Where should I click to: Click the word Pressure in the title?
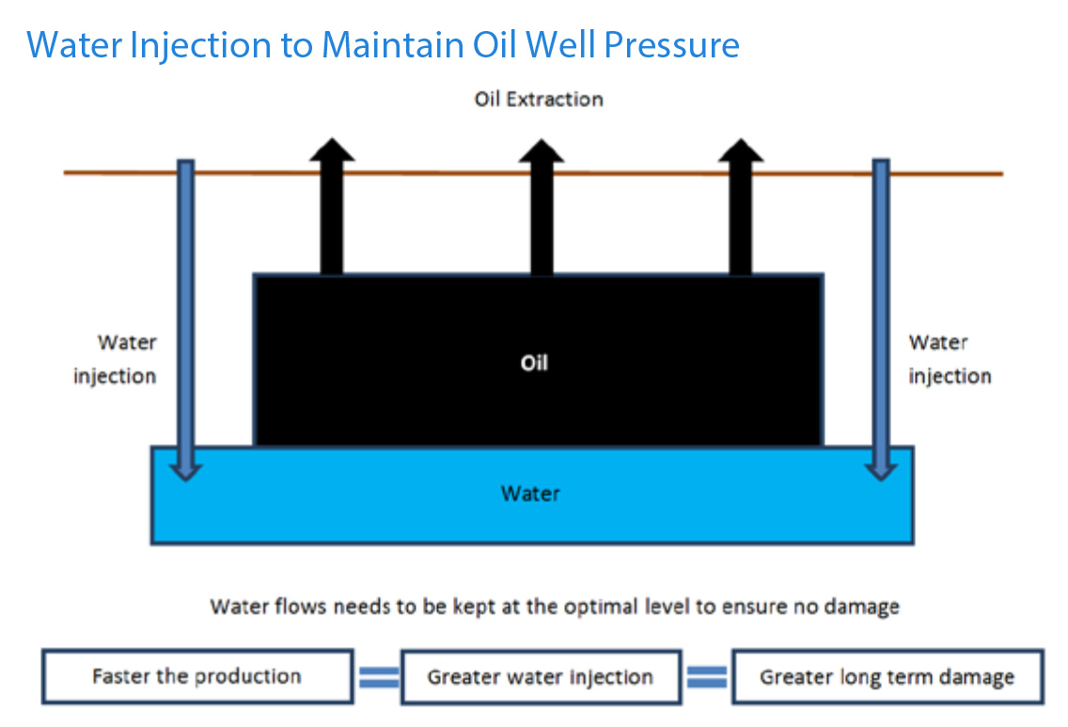(x=671, y=45)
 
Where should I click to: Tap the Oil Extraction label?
(x=539, y=100)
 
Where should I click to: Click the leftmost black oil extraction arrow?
(x=332, y=206)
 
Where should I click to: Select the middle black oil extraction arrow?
(x=542, y=207)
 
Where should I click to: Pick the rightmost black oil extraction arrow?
(x=741, y=207)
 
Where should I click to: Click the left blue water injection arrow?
(x=186, y=320)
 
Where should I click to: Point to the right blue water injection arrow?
(x=881, y=320)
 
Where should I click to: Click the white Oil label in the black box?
(x=534, y=363)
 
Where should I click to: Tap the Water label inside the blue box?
(x=530, y=494)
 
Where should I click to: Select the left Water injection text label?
(x=115, y=359)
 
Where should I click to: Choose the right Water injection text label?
(x=950, y=359)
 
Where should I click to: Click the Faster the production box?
(x=197, y=676)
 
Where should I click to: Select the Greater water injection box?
(x=541, y=676)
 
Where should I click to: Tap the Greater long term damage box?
(x=887, y=676)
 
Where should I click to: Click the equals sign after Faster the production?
(x=379, y=677)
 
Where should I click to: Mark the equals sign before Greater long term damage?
(x=707, y=677)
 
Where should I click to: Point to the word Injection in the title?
(x=200, y=45)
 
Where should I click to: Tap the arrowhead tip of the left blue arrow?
(x=186, y=481)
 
